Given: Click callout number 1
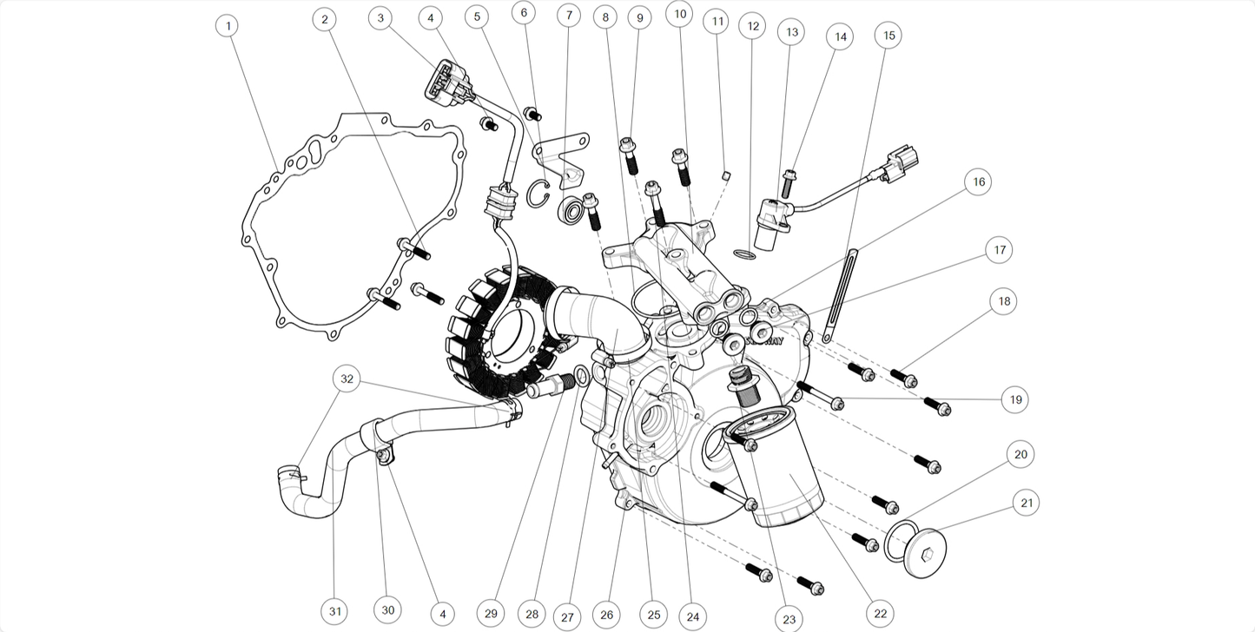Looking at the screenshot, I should coord(228,26).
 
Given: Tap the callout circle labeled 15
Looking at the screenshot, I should coord(888,36).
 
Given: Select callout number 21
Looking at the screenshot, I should coord(1026,503).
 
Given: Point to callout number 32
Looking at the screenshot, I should coord(347,379).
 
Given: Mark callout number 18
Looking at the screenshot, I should coord(1005,301).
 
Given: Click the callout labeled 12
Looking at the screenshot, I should coord(753,26).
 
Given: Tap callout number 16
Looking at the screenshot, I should coord(978,181).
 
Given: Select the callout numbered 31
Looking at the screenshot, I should coord(334,611).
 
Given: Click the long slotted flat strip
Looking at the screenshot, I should coord(840,295).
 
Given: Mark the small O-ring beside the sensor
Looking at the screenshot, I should coord(743,253).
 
